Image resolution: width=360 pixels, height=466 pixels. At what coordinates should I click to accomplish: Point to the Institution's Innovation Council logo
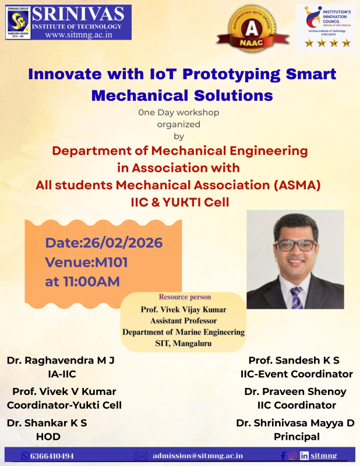point(324,26)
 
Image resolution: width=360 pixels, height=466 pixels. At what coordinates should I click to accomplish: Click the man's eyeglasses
point(295,245)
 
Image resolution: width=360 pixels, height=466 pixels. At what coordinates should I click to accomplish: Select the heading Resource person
point(185,297)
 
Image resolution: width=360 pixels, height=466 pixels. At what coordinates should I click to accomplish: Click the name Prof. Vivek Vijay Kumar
point(183,309)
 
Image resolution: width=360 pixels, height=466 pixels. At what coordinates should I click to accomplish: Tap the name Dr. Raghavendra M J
point(61,361)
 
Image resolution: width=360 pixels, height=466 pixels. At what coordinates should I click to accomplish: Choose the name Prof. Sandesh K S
point(294,361)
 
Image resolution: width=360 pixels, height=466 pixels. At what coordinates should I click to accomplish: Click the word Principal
point(297,436)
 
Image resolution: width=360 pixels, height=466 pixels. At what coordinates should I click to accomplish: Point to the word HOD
point(48,436)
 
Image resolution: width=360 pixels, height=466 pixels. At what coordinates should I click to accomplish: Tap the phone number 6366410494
point(51,456)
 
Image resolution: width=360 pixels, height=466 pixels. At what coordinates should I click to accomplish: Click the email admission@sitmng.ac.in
point(198,456)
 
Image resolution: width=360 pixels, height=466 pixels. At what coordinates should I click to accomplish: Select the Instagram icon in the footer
point(292,456)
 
